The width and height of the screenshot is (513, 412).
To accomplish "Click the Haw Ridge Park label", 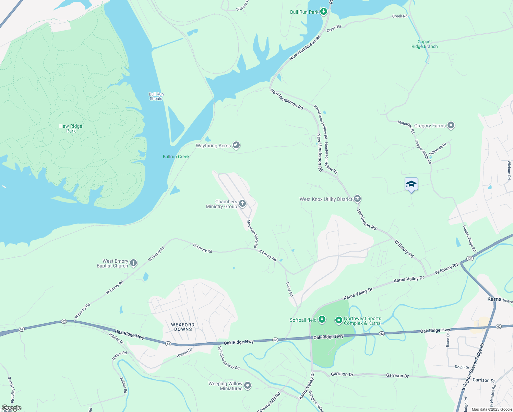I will [71, 128].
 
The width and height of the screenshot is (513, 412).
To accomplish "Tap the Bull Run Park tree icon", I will [323, 12].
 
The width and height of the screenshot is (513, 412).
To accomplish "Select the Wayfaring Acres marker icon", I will [236, 146].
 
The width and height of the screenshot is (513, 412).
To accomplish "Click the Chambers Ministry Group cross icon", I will [242, 204].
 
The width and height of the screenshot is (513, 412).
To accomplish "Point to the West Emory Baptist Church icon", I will [133, 263].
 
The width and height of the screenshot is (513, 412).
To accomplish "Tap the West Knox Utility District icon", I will [357, 199].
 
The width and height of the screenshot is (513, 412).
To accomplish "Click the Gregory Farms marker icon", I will [451, 126].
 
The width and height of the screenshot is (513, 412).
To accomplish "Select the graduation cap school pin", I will [411, 184].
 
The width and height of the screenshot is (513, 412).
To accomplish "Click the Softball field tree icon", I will [322, 320].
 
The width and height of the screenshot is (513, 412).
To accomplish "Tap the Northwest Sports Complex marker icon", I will [338, 320].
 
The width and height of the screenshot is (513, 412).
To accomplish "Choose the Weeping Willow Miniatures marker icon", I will [248, 386].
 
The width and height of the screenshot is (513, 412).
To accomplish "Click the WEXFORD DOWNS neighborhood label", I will [183, 327].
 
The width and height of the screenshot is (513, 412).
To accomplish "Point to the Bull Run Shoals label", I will [156, 96].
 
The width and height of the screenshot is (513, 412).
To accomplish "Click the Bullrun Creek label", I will [176, 157].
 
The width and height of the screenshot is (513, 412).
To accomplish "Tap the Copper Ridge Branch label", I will [425, 44].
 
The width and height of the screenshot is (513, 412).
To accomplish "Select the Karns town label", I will [494, 299].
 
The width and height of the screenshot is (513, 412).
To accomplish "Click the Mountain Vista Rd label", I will [252, 234].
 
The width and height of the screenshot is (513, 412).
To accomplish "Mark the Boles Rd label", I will [290, 289].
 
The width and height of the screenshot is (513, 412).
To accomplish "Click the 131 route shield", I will [470, 259].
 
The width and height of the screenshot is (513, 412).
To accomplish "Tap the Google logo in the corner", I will [12, 408].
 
